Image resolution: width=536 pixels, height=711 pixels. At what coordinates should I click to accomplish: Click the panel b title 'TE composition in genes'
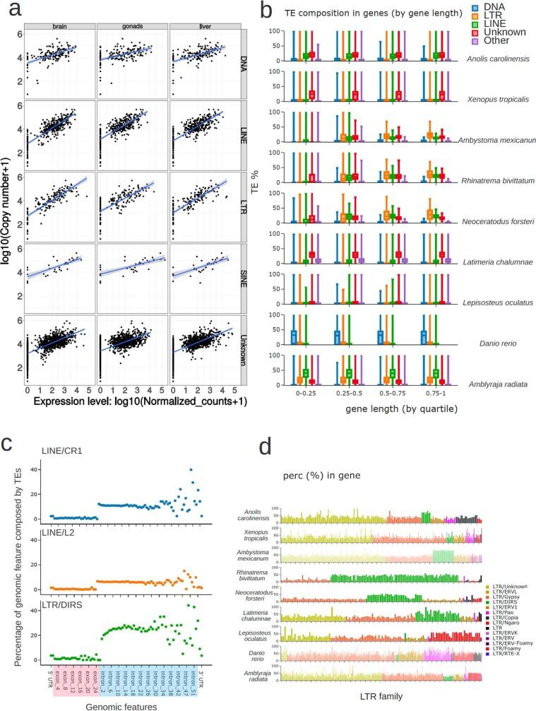(x=349, y=13)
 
